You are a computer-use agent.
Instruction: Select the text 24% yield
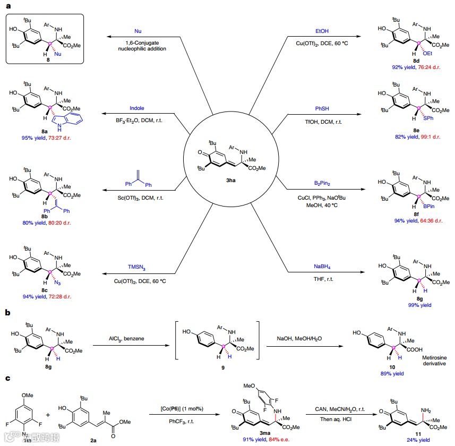[409, 439]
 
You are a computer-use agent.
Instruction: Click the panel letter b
[7, 313]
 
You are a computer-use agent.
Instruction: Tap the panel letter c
[7, 379]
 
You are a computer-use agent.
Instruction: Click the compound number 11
[409, 432]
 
